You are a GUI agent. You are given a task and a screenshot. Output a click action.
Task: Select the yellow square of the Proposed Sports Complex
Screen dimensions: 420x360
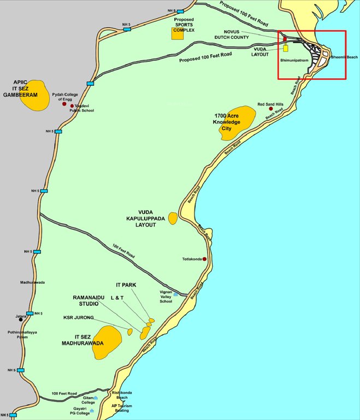pyautogui.click(x=177, y=33)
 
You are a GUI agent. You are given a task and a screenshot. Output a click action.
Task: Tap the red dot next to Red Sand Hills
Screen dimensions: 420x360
pyautogui.click(x=270, y=109)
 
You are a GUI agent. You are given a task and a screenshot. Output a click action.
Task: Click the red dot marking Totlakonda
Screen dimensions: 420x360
pyautogui.click(x=204, y=259)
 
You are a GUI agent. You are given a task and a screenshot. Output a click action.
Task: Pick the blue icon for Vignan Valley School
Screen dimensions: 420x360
pyautogui.click(x=176, y=294)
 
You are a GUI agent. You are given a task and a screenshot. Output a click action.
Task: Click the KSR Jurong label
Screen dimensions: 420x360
pyautogui.click(x=78, y=317)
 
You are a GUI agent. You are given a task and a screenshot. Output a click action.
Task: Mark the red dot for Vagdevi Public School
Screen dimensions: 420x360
pyautogui.click(x=72, y=106)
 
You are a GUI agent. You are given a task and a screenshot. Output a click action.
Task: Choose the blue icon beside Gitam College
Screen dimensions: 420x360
pyautogui.click(x=96, y=398)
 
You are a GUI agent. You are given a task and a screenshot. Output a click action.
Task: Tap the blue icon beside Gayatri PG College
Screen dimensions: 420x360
pyautogui.click(x=92, y=410)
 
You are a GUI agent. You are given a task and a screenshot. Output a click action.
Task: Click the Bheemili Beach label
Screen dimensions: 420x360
pyautogui.click(x=344, y=57)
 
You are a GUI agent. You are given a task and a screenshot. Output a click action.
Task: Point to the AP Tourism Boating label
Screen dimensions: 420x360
pyautogui.click(x=122, y=409)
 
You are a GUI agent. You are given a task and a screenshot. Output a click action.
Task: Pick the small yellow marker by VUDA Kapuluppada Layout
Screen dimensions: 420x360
pyautogui.click(x=173, y=218)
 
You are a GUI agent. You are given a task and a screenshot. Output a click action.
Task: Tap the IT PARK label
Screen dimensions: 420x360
pyautogui.click(x=126, y=285)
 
